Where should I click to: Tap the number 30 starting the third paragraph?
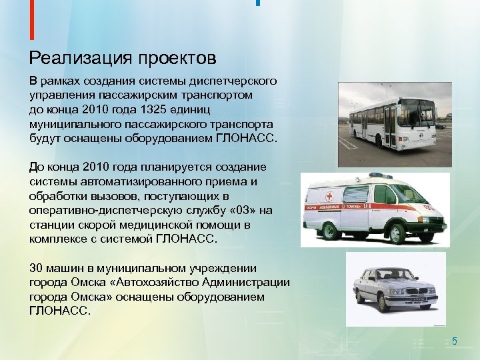36,268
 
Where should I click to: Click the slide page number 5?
455,341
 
